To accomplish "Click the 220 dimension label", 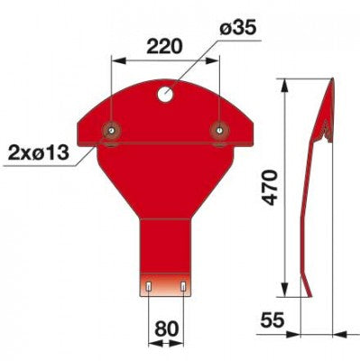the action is [165, 47].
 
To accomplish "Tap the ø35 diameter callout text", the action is [238, 28].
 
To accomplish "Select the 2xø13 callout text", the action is [39, 153].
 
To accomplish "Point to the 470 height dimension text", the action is [269, 188].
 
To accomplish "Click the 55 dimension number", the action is [272, 319].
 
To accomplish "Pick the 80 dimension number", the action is [167, 329].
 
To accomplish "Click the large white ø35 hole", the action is [165, 95].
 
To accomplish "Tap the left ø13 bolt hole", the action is [111, 130].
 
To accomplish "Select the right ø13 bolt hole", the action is [219, 130].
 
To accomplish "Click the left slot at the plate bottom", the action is [149, 287].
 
